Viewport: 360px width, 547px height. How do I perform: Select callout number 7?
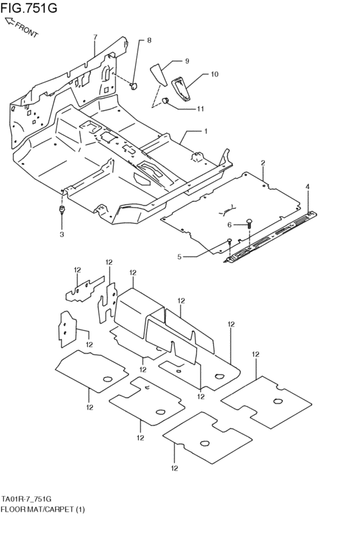point(94,37)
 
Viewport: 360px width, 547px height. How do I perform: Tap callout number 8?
point(149,40)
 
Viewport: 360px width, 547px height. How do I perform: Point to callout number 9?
point(186,61)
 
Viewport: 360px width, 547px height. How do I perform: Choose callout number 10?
point(214,74)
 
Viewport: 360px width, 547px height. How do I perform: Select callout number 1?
point(206,131)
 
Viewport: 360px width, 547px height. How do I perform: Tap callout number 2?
point(263,163)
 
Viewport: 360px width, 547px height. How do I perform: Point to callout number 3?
point(62,235)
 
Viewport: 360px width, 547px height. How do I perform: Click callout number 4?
point(307,186)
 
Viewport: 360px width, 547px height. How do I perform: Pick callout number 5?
point(181,257)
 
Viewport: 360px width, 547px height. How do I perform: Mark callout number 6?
point(228,224)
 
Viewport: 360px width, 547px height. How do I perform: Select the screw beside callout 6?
point(249,224)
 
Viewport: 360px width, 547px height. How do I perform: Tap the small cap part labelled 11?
point(165,100)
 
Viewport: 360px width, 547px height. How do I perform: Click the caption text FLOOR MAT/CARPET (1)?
point(42,509)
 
